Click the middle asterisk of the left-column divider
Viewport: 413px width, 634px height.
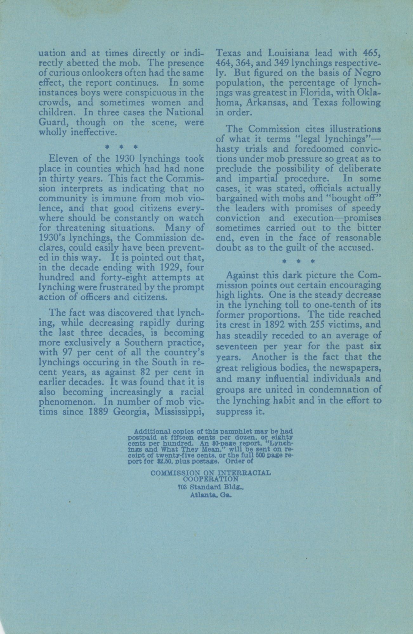121,147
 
